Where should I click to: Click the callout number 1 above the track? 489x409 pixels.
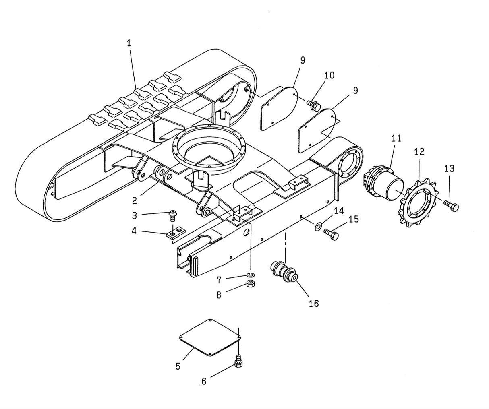129,43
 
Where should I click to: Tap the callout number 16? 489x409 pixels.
313,303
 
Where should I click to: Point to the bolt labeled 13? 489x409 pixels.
452,207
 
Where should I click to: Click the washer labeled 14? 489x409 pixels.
317,227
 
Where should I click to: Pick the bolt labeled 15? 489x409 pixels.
331,235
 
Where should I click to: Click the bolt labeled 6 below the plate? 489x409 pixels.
238,361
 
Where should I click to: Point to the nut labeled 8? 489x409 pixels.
249,284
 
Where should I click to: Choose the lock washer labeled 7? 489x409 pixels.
250,275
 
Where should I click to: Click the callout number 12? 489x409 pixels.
419,152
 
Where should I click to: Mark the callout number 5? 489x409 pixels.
178,366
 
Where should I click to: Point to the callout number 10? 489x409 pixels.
329,75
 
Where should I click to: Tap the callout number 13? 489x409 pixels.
449,168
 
